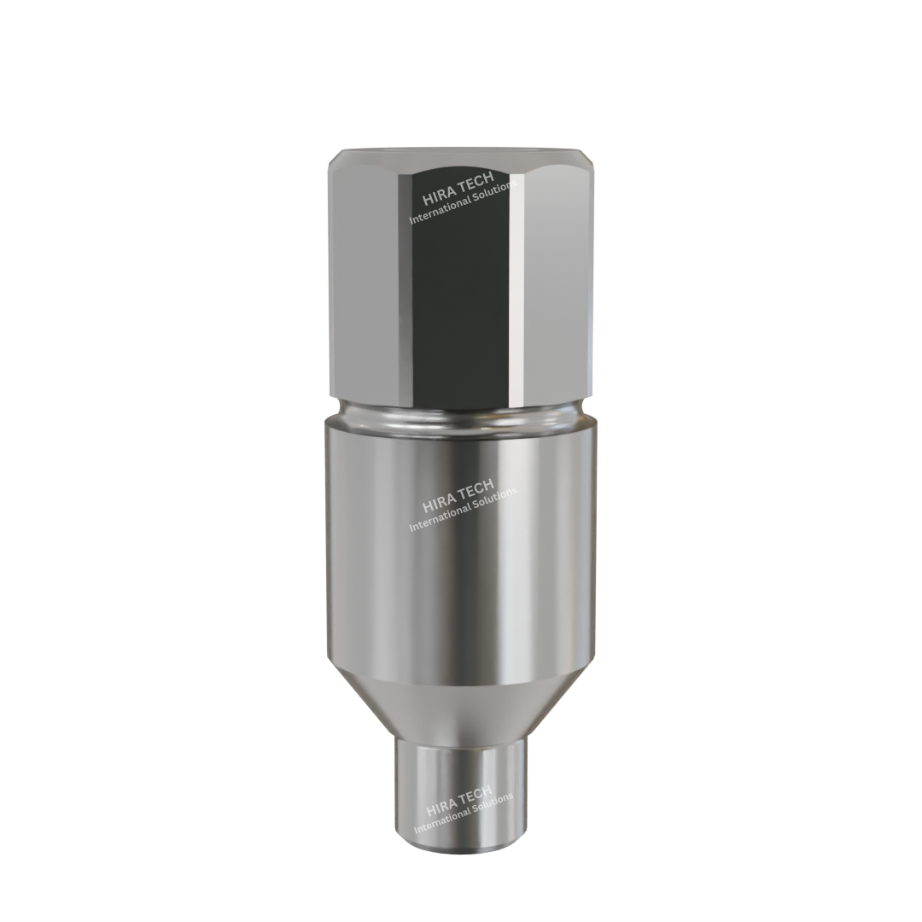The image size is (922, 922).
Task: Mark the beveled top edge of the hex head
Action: point(461,156)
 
